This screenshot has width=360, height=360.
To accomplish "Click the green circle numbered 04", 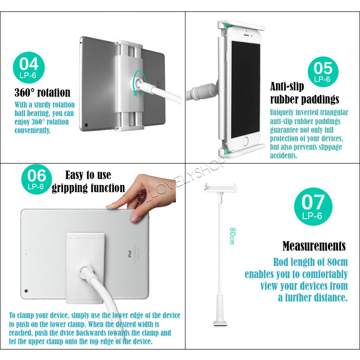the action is [x=29, y=67].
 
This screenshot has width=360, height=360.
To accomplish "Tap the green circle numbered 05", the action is [x=323, y=72].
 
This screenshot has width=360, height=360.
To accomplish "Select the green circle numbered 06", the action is [x=36, y=179].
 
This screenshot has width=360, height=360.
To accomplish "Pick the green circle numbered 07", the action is [x=313, y=207].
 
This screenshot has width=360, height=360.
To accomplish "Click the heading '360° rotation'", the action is [x=42, y=93].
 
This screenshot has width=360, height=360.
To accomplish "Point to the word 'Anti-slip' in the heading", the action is [x=287, y=86].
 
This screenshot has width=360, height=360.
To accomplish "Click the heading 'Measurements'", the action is [x=314, y=246].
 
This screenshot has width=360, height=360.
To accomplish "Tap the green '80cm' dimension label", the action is [x=232, y=236].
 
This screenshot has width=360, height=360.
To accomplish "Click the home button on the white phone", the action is [x=245, y=141].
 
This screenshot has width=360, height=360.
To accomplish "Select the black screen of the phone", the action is [x=245, y=90].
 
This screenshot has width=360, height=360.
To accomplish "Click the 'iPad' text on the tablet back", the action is [x=130, y=254].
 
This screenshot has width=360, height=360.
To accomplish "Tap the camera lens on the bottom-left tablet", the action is [x=26, y=291].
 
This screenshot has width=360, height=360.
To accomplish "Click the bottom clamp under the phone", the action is [x=242, y=150].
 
